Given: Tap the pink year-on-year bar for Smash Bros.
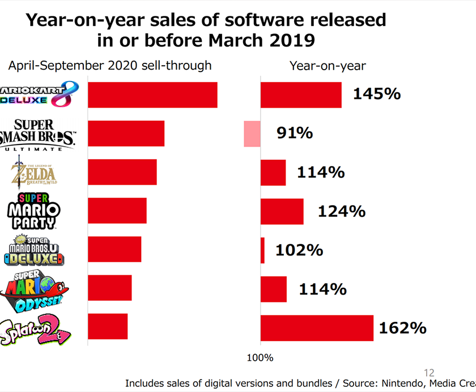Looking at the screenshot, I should click(252, 134).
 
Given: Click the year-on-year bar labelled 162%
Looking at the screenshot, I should click(317, 327).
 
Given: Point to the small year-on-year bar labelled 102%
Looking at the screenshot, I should click(262, 250).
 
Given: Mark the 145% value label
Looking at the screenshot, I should click(376, 93).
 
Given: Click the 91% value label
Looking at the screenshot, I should click(295, 133).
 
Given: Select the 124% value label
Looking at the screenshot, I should click(341, 211).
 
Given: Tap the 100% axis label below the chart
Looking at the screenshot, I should click(261, 358).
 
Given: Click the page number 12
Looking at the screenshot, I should click(429, 372).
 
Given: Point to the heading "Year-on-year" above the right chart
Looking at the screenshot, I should click(328, 66).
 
